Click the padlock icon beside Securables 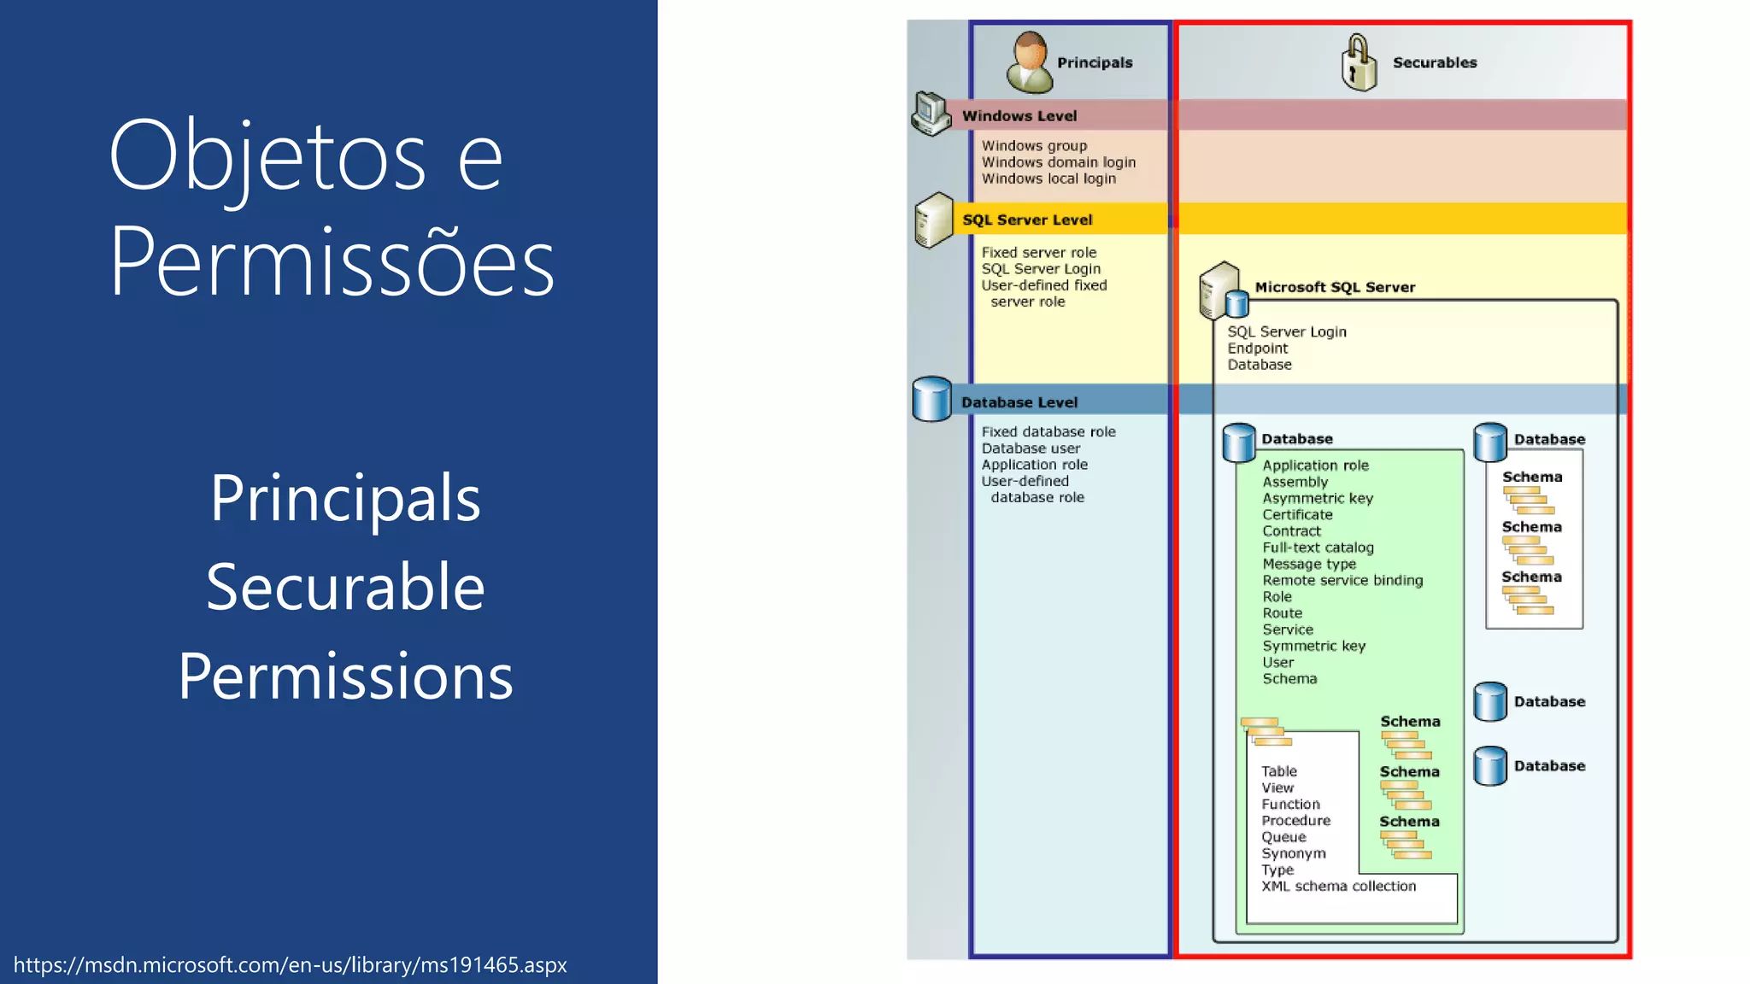coord(1358,63)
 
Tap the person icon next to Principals coord(1030,62)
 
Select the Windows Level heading coord(1019,116)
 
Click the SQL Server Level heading coord(1027,220)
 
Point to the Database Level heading coord(1019,402)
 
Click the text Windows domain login coord(1058,162)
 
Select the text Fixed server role coord(1038,253)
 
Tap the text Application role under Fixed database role coord(1034,465)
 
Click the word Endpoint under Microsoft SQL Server coord(1257,348)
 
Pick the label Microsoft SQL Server coord(1335,288)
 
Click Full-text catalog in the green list coord(1318,548)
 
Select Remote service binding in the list coord(1342,581)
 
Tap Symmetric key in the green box coord(1313,647)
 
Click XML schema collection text coord(1338,887)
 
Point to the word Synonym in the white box coord(1293,853)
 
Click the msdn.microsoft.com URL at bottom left coord(291,965)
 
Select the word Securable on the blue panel coord(345,588)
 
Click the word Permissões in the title coord(332,262)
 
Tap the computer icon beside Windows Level coord(931,114)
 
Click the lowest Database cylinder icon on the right coord(1490,766)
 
